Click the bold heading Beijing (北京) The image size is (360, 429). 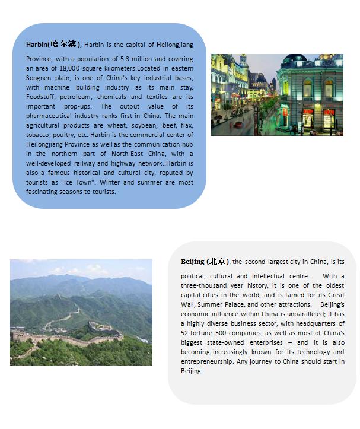point(205,261)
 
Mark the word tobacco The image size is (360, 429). point(38,135)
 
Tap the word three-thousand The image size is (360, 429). point(206,285)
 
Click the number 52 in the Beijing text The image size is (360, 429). point(185,333)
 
